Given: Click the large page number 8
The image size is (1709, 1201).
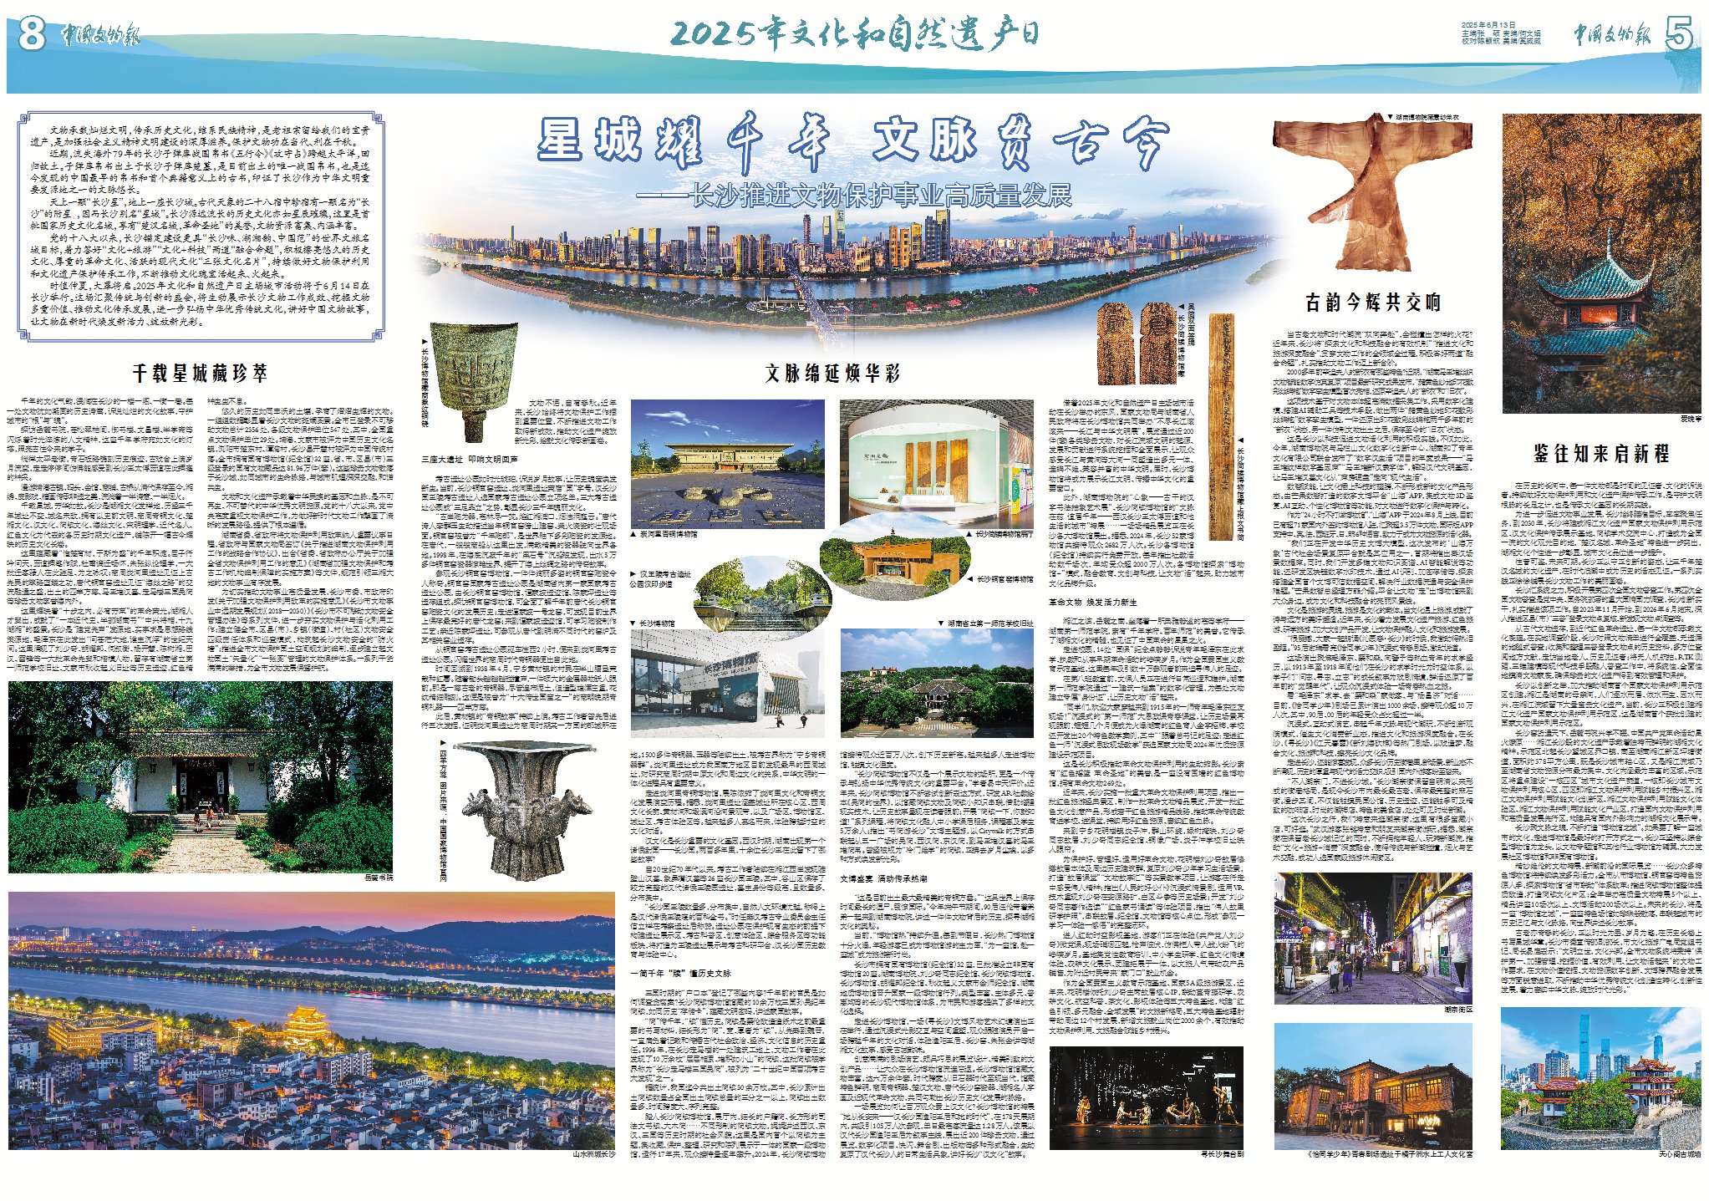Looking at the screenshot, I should tap(31, 35).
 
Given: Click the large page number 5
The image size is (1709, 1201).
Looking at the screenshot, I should tap(1678, 35).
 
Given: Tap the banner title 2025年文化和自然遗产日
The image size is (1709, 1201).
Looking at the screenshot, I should tap(854, 33).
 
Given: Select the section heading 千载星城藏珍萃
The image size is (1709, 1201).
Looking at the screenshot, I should tap(200, 373).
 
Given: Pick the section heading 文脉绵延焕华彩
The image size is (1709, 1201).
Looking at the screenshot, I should tap(832, 373).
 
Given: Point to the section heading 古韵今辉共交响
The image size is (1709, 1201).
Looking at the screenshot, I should tap(1372, 302).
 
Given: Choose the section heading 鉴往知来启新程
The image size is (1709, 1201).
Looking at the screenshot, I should tap(1600, 454).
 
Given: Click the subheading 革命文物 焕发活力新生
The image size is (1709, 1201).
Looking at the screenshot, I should tap(1092, 602).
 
